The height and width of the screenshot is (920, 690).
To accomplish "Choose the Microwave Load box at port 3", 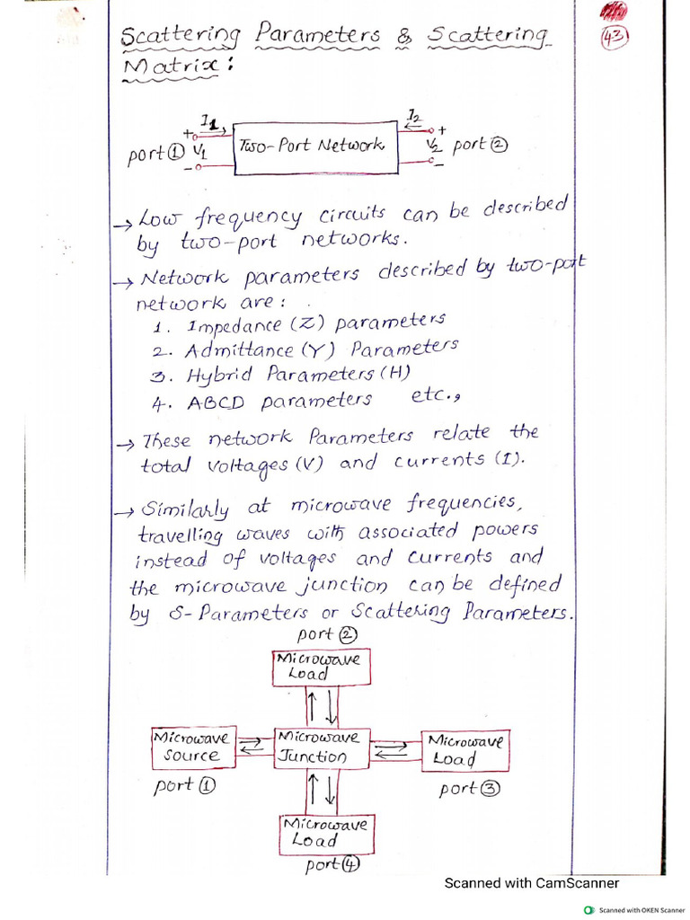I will [465, 750].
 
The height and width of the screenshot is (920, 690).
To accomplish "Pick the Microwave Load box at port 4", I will [324, 833].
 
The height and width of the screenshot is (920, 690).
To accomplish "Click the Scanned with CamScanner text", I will [531, 883].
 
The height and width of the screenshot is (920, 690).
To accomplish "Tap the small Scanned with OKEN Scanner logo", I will [589, 910].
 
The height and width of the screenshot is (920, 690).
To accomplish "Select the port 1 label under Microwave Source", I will [184, 785].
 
